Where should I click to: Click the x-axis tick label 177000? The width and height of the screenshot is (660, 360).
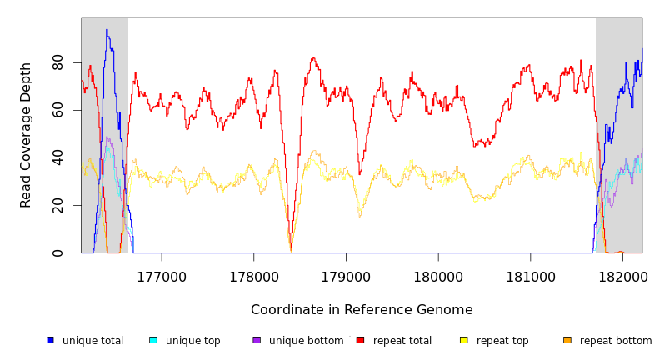[x=162, y=275]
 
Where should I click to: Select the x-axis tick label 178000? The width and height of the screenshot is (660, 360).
[x=254, y=275]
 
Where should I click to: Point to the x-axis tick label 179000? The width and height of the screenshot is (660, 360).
[x=346, y=275]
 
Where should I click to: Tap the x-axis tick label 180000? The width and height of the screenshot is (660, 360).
[x=438, y=275]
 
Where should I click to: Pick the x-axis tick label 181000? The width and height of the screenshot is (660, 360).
[x=531, y=275]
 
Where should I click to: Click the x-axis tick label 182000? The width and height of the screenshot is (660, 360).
[x=622, y=275]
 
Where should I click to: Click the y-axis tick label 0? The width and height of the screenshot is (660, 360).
[x=58, y=253]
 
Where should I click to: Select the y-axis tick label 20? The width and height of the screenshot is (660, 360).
[x=58, y=206]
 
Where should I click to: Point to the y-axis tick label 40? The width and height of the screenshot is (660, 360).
[x=58, y=157]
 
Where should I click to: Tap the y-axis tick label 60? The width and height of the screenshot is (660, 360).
[x=58, y=110]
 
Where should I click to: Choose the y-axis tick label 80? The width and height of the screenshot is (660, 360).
[x=58, y=62]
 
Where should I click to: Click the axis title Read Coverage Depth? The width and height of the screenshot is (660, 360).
[x=26, y=135]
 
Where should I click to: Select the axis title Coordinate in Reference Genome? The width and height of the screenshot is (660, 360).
[x=362, y=310]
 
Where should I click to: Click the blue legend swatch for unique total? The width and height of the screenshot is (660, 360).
[x=51, y=340]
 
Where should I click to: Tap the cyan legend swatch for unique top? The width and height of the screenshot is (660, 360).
[x=153, y=340]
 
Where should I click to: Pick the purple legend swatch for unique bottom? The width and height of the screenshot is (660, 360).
[x=257, y=340]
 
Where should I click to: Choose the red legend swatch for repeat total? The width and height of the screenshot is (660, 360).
[x=360, y=340]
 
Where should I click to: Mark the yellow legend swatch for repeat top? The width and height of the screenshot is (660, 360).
[x=464, y=340]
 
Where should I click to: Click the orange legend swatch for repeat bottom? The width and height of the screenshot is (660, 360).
[x=567, y=340]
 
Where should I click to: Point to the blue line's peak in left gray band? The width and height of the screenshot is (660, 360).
[x=107, y=30]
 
